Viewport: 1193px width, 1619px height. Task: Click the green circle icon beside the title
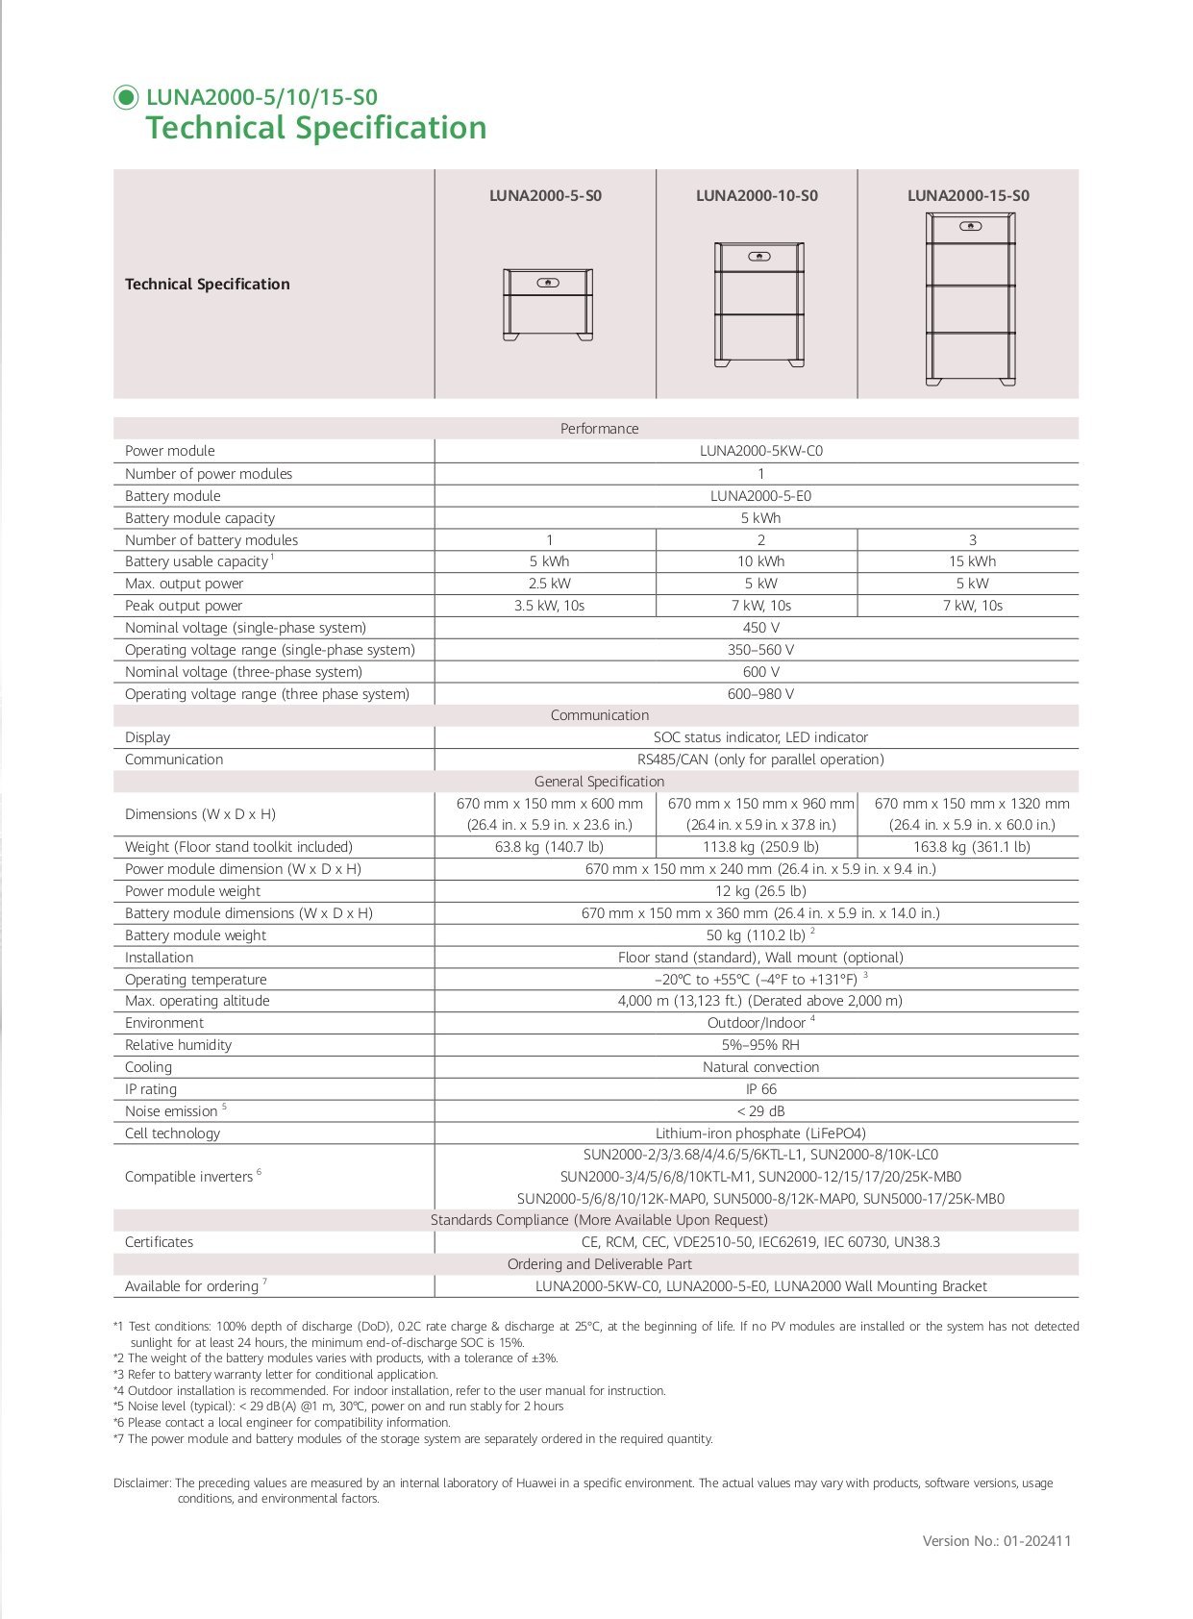click(126, 97)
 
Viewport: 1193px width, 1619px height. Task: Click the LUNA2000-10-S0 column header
click(757, 196)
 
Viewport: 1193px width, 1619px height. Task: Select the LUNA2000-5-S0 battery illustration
click(547, 305)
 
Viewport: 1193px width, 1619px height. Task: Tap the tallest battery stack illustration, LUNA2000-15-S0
click(970, 299)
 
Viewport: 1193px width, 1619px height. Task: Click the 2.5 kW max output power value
click(549, 584)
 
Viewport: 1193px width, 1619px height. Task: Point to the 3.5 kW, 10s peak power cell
click(549, 606)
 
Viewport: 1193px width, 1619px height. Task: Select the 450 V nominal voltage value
click(760, 628)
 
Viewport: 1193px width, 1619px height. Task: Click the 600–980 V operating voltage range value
click(760, 694)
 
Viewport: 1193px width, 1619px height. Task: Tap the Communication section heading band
click(599, 715)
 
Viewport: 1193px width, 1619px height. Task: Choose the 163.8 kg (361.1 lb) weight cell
click(971, 847)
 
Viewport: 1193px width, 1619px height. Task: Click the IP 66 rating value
click(760, 1089)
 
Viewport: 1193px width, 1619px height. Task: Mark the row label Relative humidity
click(178, 1045)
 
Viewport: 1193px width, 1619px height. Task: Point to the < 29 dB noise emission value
click(760, 1111)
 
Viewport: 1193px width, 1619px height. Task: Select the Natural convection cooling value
click(760, 1067)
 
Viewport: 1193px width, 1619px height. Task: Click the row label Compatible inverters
click(188, 1177)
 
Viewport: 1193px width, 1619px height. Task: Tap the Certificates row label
click(159, 1242)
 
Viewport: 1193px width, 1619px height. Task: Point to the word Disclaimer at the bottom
click(142, 1483)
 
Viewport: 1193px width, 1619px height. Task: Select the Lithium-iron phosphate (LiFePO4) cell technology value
click(760, 1133)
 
